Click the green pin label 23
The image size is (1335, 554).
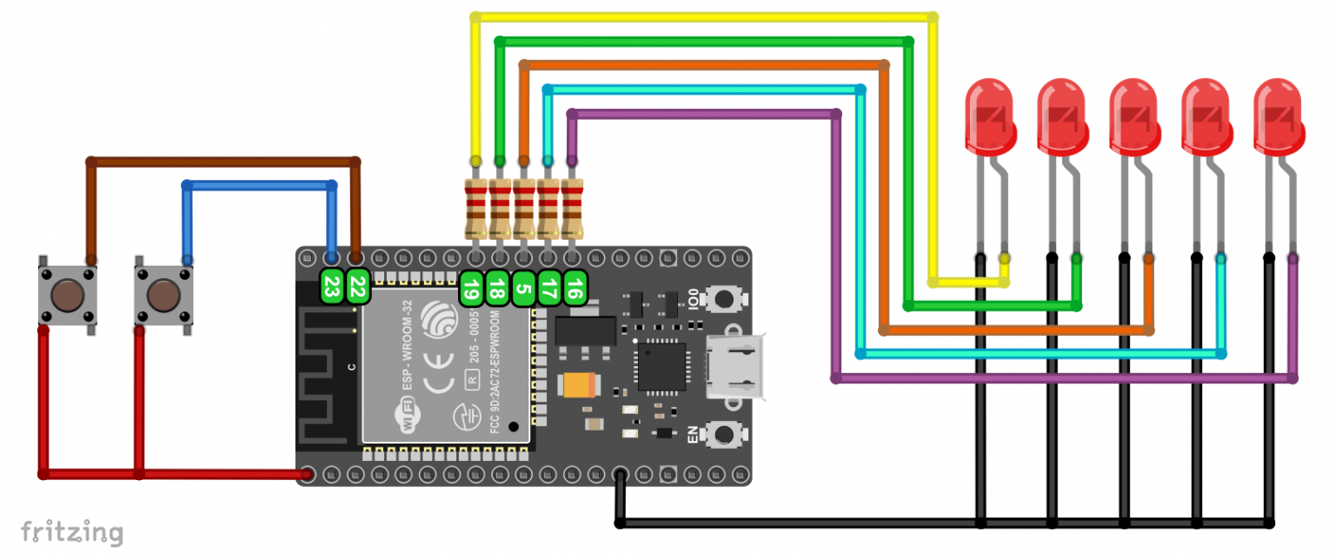(330, 286)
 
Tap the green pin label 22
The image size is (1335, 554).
(356, 286)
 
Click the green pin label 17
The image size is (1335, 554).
(548, 288)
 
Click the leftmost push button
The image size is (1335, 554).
(66, 295)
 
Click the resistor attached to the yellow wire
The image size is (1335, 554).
(475, 209)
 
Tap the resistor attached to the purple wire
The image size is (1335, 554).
(572, 209)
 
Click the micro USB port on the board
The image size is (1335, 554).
(735, 365)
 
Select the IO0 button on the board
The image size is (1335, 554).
(721, 298)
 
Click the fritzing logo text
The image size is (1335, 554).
(72, 531)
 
